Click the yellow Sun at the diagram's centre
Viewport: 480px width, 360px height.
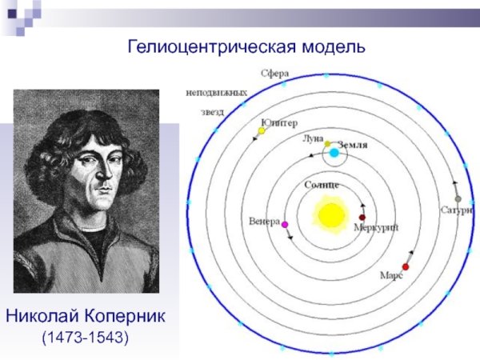tap(329, 214)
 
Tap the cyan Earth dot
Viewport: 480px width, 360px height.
tap(334, 152)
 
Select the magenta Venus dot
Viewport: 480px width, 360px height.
tap(285, 226)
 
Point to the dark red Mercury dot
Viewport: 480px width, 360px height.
tap(362, 217)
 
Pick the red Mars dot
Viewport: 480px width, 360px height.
tap(406, 266)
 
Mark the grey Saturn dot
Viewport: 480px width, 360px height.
tap(458, 199)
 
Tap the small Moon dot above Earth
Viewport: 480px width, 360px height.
tap(327, 143)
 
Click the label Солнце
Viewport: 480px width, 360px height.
tap(322, 185)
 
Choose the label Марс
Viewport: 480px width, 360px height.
tap(390, 275)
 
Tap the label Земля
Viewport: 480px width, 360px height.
tap(353, 145)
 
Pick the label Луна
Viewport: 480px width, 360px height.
tap(313, 138)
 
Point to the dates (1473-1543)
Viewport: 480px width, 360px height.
tap(85, 337)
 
